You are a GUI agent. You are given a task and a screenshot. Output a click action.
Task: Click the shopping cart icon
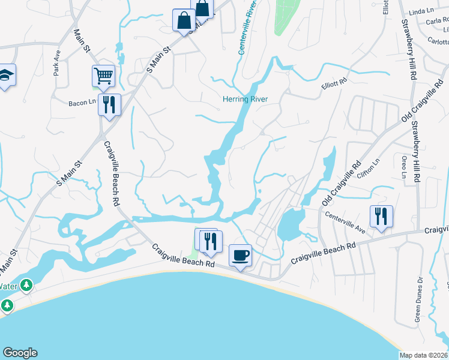103,76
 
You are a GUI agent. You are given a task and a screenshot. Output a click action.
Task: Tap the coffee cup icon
241,255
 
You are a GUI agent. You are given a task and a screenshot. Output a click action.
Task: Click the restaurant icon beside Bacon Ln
109,104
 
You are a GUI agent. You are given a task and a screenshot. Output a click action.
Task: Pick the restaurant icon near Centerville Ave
381,216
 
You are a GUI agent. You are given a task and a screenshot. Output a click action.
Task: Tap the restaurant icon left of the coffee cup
210,241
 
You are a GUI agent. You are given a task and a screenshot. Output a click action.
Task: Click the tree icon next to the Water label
26,285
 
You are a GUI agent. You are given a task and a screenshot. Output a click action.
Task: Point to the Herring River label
245,99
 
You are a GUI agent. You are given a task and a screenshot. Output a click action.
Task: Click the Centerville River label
247,28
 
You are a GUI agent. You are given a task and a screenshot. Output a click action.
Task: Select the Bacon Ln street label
82,102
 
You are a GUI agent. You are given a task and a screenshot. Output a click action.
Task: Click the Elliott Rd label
334,83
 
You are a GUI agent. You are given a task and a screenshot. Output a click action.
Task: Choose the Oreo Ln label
403,166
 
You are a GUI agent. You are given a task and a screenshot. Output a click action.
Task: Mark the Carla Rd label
437,21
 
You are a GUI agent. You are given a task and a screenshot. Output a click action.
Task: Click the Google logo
20,353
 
